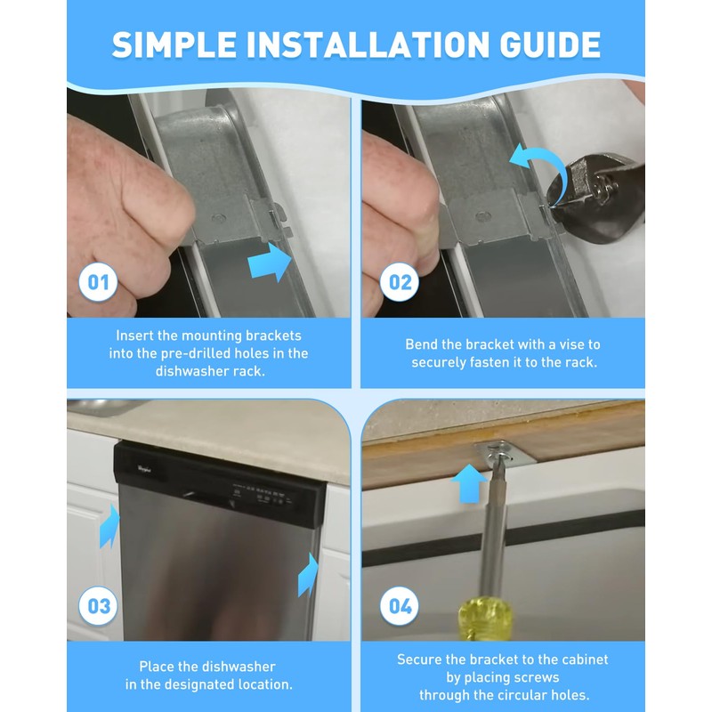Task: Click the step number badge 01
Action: [x=98, y=283]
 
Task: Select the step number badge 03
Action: [x=98, y=607]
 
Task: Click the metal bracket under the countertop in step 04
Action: [x=506, y=454]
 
